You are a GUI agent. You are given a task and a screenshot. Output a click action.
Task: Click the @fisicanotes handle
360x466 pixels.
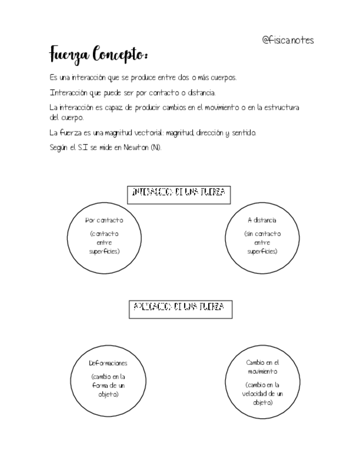tap(287, 40)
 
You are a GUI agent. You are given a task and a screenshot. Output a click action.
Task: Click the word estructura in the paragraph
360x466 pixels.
tap(281, 108)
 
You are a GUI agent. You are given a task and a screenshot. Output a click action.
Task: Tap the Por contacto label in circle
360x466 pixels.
tap(104, 220)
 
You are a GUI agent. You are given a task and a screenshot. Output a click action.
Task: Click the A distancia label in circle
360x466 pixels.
tap(262, 220)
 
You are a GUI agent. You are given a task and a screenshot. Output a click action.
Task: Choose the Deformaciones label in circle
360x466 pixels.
tap(108, 363)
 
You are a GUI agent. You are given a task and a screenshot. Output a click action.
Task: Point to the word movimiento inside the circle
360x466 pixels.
tap(262, 371)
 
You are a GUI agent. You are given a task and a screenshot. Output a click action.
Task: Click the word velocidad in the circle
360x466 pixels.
tap(257, 393)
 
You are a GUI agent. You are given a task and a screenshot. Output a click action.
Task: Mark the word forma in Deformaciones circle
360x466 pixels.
tap(102, 386)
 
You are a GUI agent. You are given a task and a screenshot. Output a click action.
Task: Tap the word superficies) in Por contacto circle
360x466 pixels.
tap(104, 251)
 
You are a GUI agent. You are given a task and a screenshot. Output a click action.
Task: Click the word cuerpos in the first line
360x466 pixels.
tap(221, 78)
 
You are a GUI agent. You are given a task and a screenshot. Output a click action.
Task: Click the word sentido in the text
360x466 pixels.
tap(243, 133)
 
